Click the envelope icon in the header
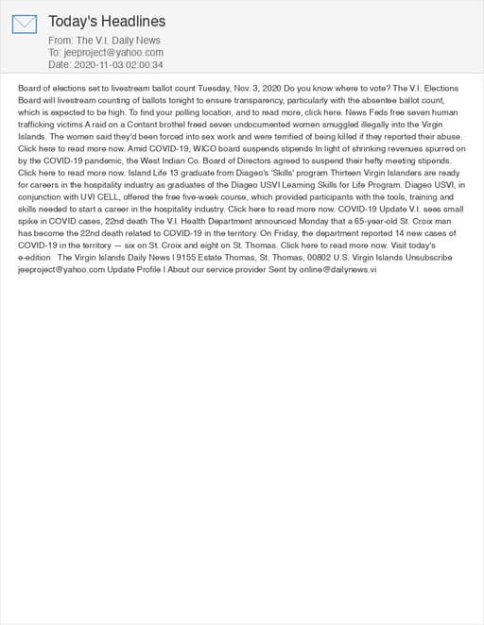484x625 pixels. coord(25,24)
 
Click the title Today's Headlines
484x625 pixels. coord(107,21)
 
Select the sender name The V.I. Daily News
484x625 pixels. coord(118,41)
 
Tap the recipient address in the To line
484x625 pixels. coord(113,53)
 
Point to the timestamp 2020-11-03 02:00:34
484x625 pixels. coord(119,65)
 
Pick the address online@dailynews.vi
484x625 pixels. coord(330,269)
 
